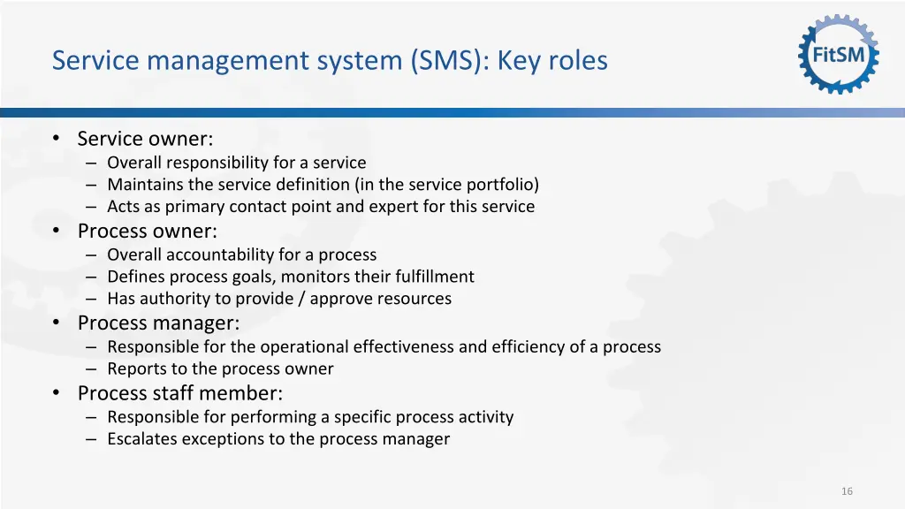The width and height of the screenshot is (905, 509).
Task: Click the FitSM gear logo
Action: pyautogui.click(x=839, y=55)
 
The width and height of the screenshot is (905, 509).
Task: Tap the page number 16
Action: pyautogui.click(x=847, y=491)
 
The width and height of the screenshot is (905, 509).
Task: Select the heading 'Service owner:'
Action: pyautogui.click(x=145, y=139)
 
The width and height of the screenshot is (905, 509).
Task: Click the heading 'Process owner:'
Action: pyautogui.click(x=147, y=231)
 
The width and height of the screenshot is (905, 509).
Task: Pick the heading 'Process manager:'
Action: pyautogui.click(x=158, y=323)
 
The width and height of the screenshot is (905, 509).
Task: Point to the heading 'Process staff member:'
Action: pyautogui.click(x=179, y=392)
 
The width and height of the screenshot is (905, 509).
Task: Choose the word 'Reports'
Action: pyautogui.click(x=135, y=368)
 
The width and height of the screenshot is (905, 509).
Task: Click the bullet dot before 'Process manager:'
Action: pyautogui.click(x=56, y=323)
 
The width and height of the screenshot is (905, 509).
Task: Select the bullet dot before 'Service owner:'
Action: pyautogui.click(x=56, y=139)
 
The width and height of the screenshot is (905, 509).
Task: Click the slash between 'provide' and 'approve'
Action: pyautogui.click(x=302, y=299)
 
